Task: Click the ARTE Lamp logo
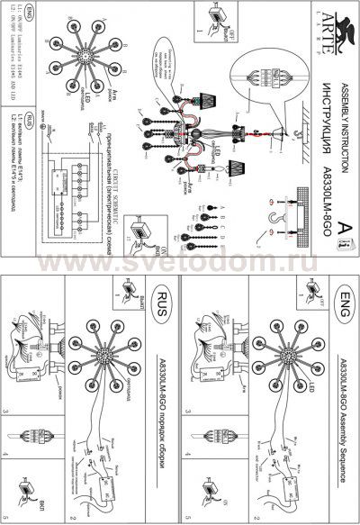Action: pyautogui.click(x=340, y=27)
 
